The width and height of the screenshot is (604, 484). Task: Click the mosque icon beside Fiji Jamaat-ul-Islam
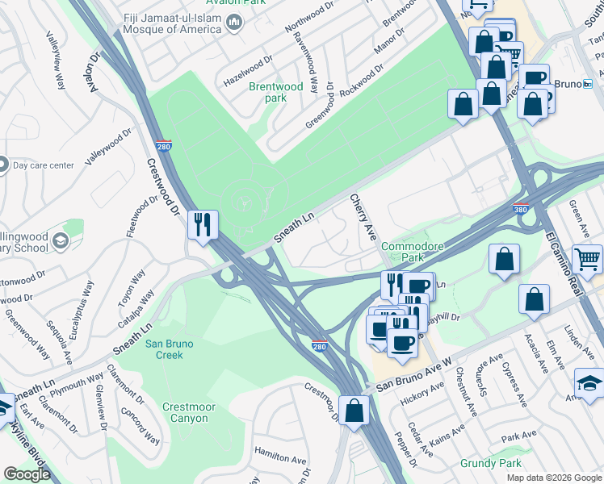[x=234, y=22]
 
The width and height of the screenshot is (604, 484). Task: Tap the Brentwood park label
[x=275, y=92]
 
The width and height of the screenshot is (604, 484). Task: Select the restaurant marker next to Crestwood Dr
[x=201, y=223]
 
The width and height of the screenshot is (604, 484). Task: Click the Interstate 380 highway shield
[x=521, y=209]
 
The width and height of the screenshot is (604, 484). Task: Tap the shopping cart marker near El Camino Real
[x=587, y=259]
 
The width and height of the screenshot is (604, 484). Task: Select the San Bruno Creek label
[x=170, y=348]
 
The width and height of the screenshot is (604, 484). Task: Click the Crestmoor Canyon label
[x=185, y=412]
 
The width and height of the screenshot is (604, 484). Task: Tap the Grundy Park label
[x=490, y=463]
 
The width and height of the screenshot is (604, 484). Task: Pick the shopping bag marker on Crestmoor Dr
[x=354, y=410]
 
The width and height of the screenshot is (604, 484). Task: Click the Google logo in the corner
[x=27, y=474]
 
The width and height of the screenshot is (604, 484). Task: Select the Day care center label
[x=44, y=165]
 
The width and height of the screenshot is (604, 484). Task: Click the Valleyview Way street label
[x=56, y=60]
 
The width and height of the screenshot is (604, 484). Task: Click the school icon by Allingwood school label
[x=60, y=241]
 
